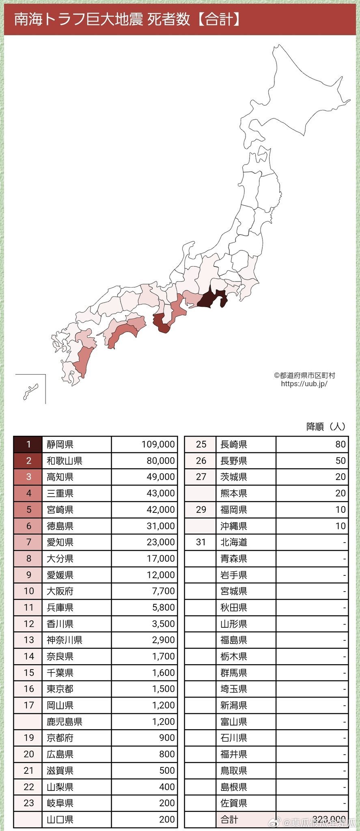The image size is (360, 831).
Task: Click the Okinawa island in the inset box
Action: (30, 392)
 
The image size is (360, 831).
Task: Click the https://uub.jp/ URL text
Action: (304, 383)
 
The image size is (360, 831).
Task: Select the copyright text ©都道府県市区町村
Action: (304, 375)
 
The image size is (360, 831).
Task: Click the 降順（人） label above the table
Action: (326, 426)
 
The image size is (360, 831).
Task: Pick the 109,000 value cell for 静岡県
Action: (144, 444)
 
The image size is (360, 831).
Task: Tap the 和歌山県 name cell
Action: (76, 461)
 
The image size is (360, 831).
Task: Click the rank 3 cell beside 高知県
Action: (28, 477)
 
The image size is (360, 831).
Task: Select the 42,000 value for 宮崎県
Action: (144, 510)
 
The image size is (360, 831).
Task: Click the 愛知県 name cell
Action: (76, 542)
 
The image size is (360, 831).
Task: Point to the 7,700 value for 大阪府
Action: (144, 591)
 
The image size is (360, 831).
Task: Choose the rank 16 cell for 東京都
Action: (28, 689)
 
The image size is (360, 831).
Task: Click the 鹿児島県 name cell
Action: (76, 721)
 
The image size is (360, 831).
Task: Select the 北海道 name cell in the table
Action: (246, 542)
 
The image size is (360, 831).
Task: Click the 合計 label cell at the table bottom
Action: (246, 820)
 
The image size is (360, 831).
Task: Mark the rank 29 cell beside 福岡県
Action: (201, 510)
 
